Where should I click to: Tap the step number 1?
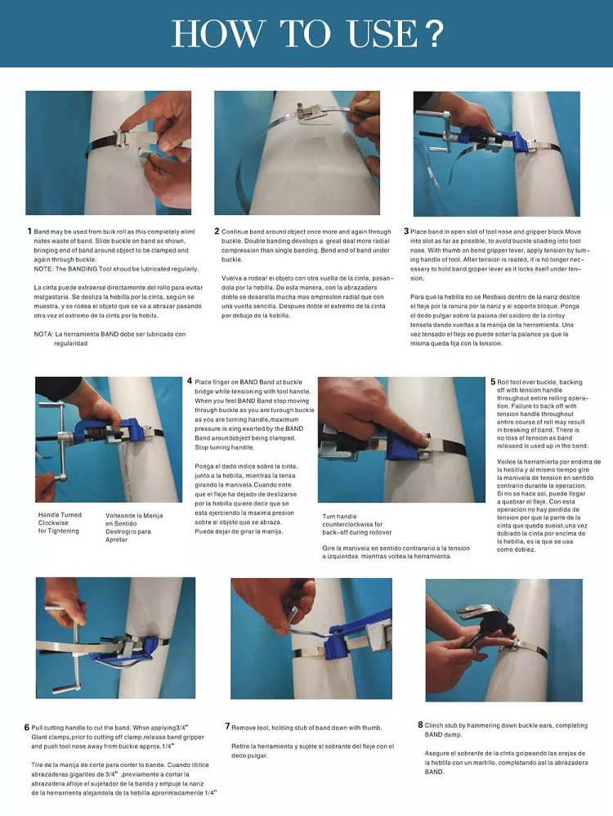[x=29, y=232]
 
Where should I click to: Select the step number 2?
[x=217, y=232]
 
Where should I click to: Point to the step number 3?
[x=406, y=232]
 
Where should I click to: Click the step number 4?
[x=190, y=381]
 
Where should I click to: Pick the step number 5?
[x=493, y=382]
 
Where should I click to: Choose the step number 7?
[x=227, y=726]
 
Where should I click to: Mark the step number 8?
[x=420, y=724]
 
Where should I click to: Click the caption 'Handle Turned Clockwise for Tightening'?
[x=60, y=523]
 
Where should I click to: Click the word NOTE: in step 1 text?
[x=44, y=269]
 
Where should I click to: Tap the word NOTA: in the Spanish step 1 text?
[x=44, y=334]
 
